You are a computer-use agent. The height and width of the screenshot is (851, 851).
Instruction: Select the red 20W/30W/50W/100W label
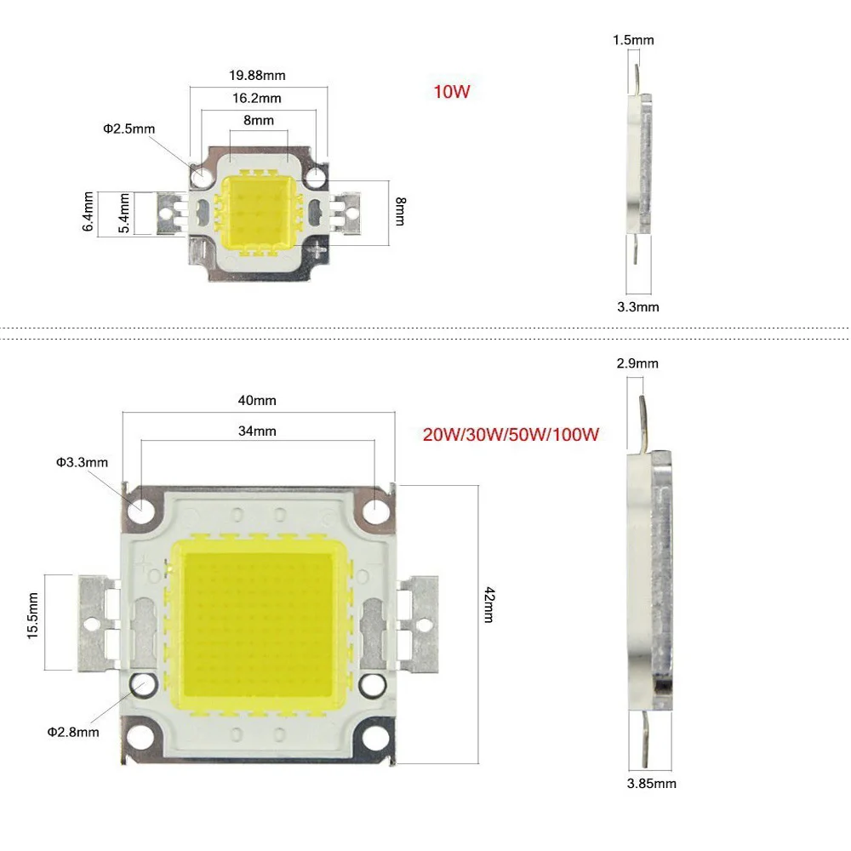click(511, 435)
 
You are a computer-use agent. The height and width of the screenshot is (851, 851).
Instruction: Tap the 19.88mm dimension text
click(258, 75)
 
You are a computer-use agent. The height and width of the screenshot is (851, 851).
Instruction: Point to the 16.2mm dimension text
click(258, 98)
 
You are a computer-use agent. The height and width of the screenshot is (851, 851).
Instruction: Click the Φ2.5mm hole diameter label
click(129, 129)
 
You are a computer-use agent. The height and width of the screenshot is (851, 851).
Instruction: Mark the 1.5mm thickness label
click(634, 40)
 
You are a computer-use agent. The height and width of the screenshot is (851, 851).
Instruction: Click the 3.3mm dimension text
click(637, 306)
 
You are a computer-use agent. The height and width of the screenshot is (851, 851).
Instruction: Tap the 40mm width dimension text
click(259, 400)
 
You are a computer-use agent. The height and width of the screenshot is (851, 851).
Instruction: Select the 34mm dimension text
click(259, 431)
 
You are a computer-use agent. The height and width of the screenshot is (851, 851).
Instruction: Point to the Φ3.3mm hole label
click(83, 462)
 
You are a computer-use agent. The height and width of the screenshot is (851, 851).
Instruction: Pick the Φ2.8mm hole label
click(72, 731)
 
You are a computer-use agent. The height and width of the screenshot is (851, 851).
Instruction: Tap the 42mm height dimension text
click(488, 604)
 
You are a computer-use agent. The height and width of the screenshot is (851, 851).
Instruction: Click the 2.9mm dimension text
click(637, 363)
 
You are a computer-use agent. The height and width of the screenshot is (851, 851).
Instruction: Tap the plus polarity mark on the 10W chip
click(317, 249)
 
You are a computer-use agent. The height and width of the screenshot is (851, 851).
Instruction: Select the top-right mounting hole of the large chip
click(376, 511)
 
